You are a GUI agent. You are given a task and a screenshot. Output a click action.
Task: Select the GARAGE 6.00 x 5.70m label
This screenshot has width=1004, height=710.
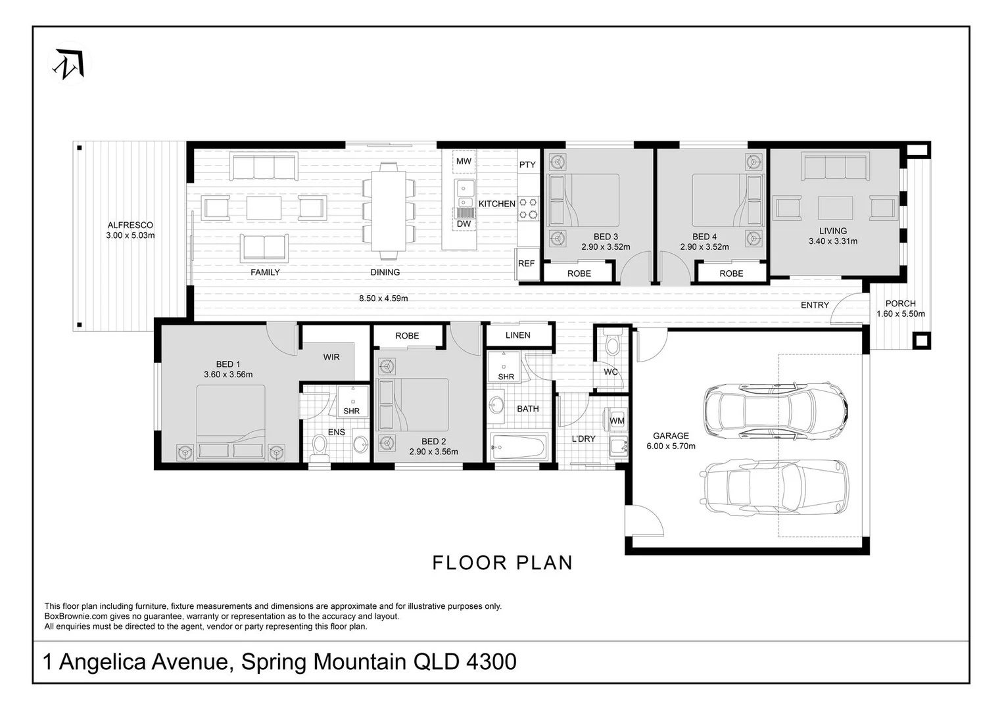[671, 440]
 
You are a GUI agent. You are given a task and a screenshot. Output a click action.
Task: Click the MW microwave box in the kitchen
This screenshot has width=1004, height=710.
[464, 162]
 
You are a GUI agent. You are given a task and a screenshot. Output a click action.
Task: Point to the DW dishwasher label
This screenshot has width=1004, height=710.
[464, 224]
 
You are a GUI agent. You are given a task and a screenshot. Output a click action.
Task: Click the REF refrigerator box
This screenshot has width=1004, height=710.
[526, 264]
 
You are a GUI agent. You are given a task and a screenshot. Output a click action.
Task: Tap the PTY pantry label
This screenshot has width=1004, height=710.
[527, 165]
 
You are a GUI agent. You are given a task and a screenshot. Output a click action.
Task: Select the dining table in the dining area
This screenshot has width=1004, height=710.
[385, 210]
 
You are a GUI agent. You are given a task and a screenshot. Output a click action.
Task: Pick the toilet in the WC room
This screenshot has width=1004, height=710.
[611, 345]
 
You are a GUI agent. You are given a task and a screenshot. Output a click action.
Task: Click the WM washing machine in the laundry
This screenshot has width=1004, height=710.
[617, 421]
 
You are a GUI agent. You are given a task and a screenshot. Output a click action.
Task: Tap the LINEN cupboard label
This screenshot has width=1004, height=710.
[518, 335]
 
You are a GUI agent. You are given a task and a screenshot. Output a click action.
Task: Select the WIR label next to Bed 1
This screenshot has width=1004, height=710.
[331, 358]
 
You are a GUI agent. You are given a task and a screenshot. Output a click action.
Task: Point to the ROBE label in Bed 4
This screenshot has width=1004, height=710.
[731, 273]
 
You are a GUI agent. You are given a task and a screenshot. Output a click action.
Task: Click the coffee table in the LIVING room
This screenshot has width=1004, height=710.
[835, 208]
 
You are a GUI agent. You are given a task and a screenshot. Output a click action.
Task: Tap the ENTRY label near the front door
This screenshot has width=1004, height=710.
[815, 305]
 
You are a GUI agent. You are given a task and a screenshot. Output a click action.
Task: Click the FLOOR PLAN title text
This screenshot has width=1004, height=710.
[502, 563]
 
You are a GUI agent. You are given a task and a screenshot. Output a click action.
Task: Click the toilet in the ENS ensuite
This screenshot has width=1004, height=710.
[320, 445]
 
